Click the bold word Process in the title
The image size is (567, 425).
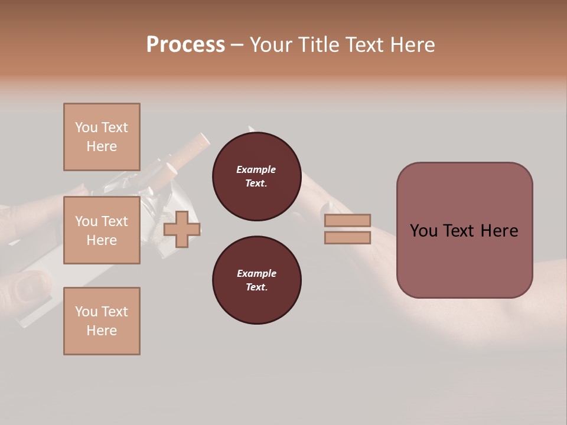coord(185,45)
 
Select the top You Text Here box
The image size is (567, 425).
coord(102,137)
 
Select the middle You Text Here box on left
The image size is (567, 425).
coord(102,230)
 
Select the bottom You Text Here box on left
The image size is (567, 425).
coord(102,321)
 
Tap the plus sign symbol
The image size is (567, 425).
coord(182,229)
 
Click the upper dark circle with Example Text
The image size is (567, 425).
coord(256,176)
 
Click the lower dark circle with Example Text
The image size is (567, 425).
coord(256,280)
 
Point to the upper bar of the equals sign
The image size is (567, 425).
coord(347,221)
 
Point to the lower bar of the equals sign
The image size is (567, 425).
coord(347,237)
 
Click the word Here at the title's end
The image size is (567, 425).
coord(412,45)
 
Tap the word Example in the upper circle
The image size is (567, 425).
coord(256,169)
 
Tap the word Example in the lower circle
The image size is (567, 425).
coord(256,273)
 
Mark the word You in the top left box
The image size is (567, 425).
coord(86,127)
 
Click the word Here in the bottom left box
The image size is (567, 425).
coord(102,331)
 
